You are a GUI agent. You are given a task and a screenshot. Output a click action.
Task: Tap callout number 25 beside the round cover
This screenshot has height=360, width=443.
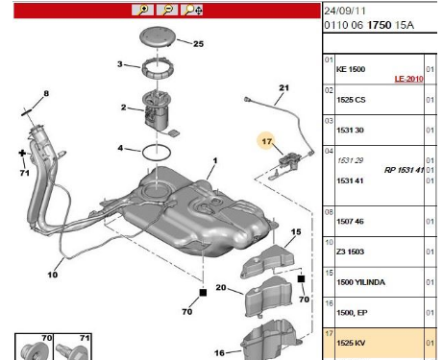(198, 44)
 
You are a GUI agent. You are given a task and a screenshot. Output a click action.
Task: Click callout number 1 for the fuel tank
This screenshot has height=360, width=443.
(215, 160)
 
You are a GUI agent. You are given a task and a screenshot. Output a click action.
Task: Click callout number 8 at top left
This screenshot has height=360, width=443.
(44, 93)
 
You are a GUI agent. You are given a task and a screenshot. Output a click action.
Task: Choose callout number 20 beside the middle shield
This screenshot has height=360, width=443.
(220, 288)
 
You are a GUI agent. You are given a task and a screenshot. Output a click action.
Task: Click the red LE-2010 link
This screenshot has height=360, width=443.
(409, 80)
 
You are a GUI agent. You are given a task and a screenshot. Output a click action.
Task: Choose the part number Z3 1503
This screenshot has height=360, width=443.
(349, 251)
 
